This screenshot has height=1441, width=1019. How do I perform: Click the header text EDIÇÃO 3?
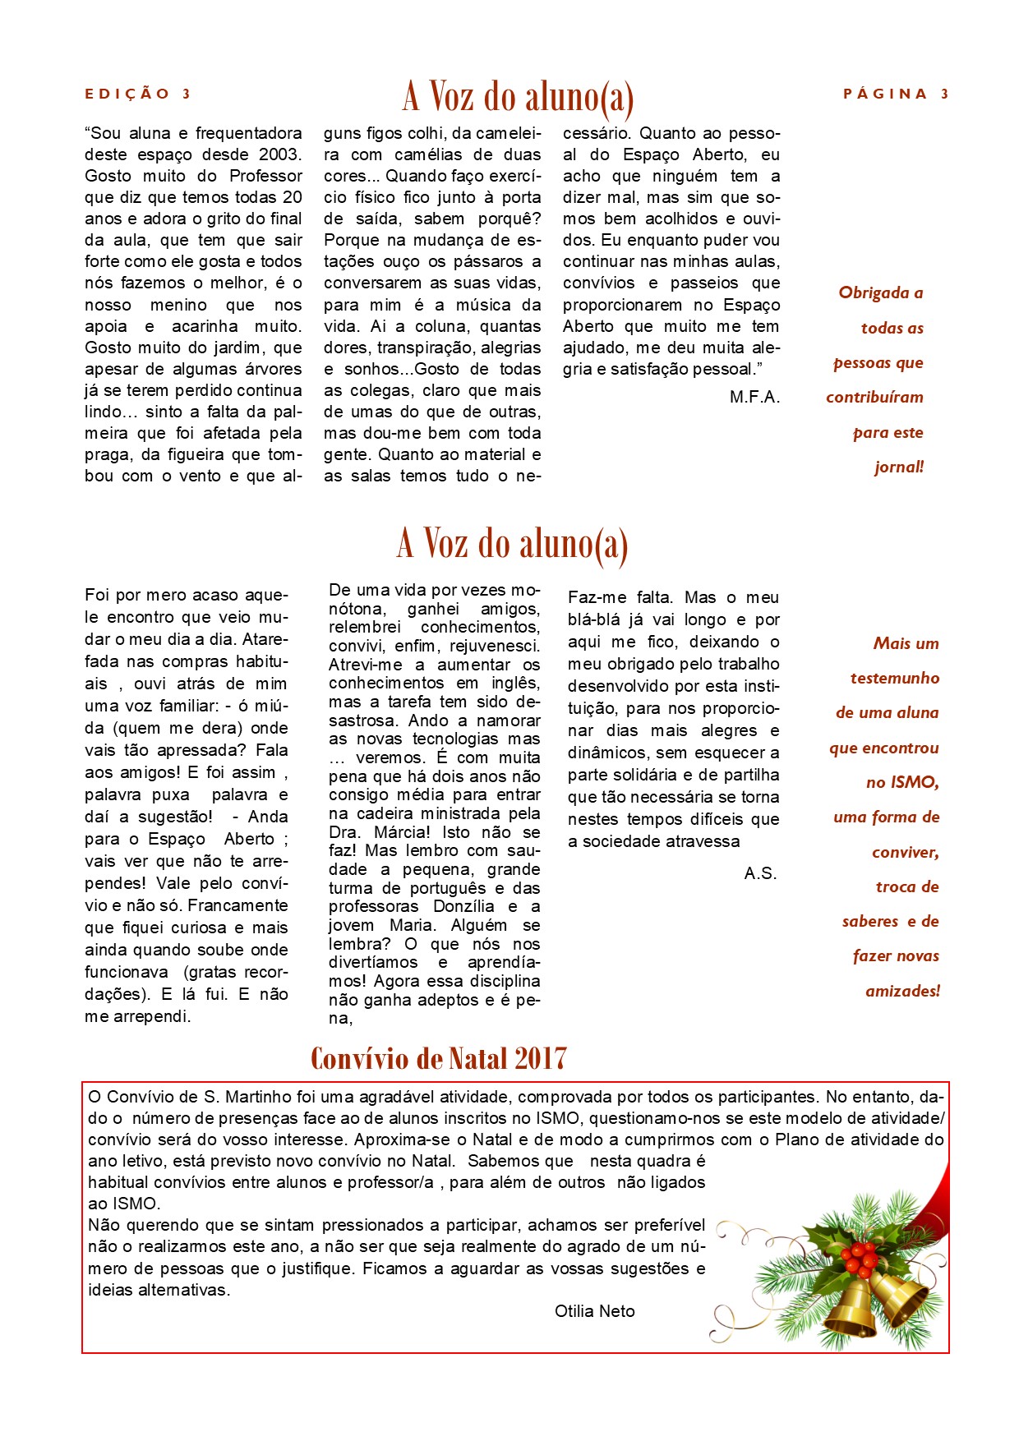tap(137, 94)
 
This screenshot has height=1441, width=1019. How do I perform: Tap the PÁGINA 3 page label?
tap(896, 94)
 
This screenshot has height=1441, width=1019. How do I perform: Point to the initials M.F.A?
tap(754, 398)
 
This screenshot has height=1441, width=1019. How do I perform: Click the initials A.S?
tap(760, 873)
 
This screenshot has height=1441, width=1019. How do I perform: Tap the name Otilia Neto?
tap(594, 1311)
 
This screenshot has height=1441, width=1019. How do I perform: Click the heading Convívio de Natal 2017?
tap(438, 1058)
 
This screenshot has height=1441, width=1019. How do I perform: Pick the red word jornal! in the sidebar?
tap(899, 467)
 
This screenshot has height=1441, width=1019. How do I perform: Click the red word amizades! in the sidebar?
tap(902, 991)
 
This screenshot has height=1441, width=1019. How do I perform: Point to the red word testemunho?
tap(894, 679)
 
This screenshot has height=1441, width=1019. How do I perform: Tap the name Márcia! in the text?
tap(402, 832)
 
